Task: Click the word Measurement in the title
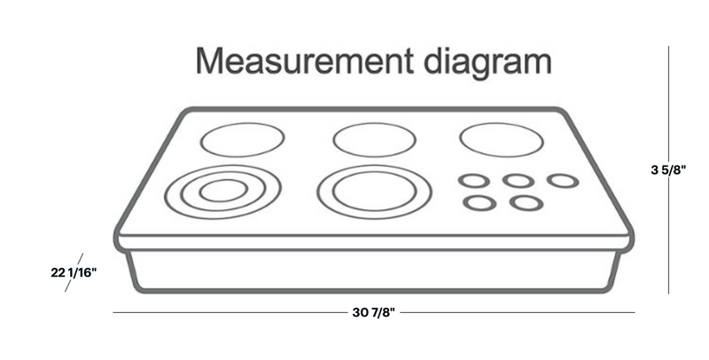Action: click(302, 61)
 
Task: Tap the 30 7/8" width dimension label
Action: click(372, 312)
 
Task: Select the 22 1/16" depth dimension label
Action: click(74, 272)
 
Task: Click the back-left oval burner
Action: click(242, 139)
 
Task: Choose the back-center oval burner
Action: click(374, 140)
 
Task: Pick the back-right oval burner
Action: click(501, 139)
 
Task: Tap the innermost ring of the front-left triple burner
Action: click(222, 190)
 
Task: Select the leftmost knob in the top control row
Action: click(473, 180)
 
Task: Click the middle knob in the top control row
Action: click(518, 180)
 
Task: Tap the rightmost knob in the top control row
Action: click(562, 180)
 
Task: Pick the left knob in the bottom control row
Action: click(479, 202)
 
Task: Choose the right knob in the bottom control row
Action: click(526, 202)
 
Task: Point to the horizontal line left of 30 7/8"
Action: click(230, 312)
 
